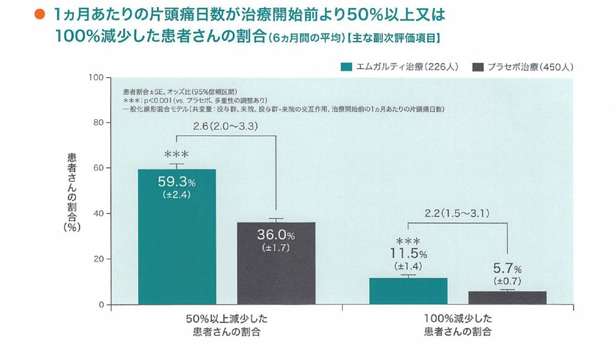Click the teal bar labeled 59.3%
(x=177, y=247)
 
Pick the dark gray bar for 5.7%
(x=507, y=298)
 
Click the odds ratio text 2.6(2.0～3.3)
(x=226, y=127)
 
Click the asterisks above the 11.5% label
(x=407, y=241)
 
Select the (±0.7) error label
(x=507, y=281)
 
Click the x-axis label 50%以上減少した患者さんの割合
(x=226, y=325)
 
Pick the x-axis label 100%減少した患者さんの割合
(x=457, y=325)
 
